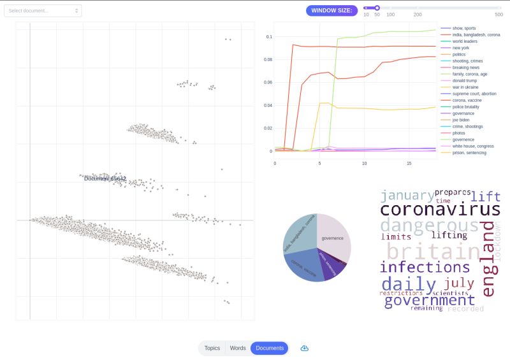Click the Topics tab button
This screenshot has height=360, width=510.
(212, 348)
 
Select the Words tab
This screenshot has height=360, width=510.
(238, 348)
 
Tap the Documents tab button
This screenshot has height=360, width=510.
(270, 348)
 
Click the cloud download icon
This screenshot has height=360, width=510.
(305, 348)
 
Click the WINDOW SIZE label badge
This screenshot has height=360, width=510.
(331, 11)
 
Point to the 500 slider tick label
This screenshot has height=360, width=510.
(499, 14)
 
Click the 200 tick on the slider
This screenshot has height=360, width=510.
(418, 14)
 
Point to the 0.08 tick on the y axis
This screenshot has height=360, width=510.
(268, 59)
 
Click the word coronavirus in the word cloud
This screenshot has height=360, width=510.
(440, 210)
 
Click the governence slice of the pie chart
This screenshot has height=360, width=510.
(333, 239)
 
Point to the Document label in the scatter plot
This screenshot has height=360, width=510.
(105, 178)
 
